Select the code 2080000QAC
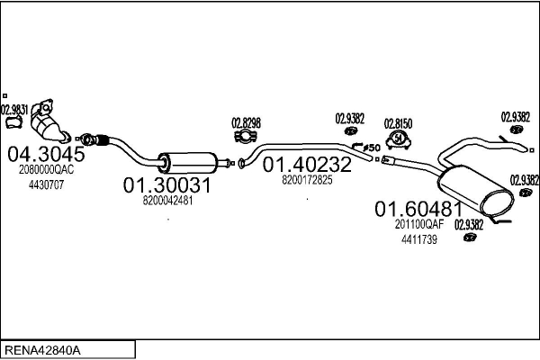coord(44,169)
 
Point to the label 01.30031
coord(166,185)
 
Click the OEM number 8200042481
coord(167,201)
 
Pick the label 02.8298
coord(246,122)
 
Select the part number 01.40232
coord(307,166)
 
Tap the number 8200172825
coord(307,180)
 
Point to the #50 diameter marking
coord(372,147)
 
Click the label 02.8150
coord(398,123)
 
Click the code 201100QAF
coord(419,225)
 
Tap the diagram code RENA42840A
coord(43,348)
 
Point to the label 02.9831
coord(13,111)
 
